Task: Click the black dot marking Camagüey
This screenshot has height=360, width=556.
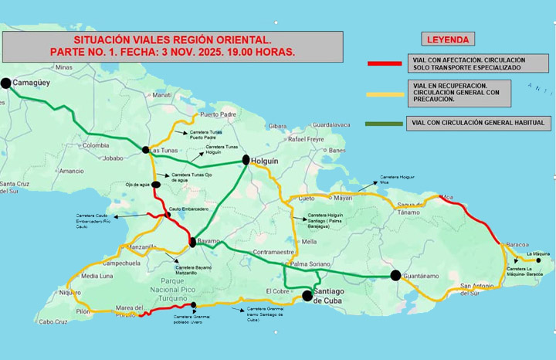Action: tap(6, 83)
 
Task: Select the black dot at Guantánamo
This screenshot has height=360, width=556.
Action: tap(395, 275)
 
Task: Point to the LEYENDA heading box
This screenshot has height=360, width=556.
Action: tap(449, 39)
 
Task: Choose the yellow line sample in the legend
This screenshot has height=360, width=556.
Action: tap(385, 94)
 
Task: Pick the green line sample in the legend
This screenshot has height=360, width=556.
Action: tap(385, 123)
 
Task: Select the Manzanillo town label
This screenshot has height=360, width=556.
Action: tap(141, 247)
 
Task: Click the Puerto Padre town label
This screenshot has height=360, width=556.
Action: tap(217, 114)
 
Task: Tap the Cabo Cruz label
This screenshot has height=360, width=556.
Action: tap(53, 322)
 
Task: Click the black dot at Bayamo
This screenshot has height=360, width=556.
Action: tap(192, 243)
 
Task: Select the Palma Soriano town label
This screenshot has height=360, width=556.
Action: tap(310, 263)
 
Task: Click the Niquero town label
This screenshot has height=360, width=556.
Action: tap(69, 293)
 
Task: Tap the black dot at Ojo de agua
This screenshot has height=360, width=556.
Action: tap(156, 185)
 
